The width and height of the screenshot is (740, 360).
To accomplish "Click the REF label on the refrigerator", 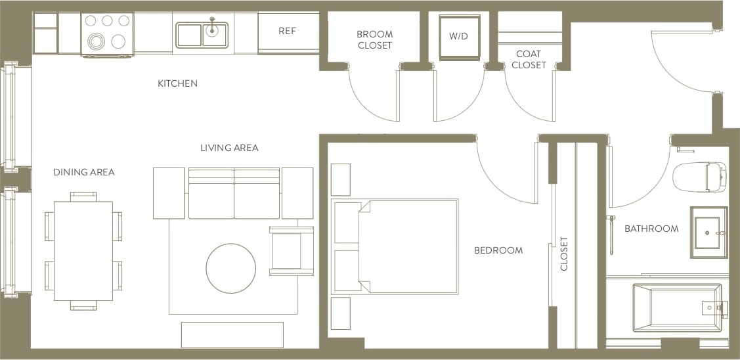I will pyautogui.click(x=288, y=31).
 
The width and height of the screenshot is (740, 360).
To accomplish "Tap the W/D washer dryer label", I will pyautogui.click(x=458, y=36).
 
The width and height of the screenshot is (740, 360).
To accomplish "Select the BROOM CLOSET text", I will pyautogui.click(x=374, y=39).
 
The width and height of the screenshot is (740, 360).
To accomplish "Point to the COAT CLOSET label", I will pyautogui.click(x=529, y=59).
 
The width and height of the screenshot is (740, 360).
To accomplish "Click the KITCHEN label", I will pyautogui.click(x=177, y=83).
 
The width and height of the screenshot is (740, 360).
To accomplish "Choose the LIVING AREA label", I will pyautogui.click(x=229, y=148).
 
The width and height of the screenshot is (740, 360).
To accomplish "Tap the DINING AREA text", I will pyautogui.click(x=84, y=172).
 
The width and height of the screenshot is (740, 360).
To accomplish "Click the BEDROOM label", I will pyautogui.click(x=498, y=250).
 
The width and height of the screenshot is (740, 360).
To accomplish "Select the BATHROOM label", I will pyautogui.click(x=651, y=229).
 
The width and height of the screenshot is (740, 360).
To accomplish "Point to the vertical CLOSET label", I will pyautogui.click(x=563, y=254).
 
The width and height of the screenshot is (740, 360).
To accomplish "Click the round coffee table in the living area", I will pyautogui.click(x=230, y=268).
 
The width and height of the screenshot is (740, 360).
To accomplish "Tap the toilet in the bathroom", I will pyautogui.click(x=699, y=177).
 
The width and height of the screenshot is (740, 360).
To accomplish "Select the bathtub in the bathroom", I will pyautogui.click(x=676, y=307).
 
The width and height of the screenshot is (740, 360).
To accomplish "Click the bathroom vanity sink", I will pyautogui.click(x=708, y=233).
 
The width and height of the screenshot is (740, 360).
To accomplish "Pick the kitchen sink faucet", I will pyautogui.click(x=212, y=27).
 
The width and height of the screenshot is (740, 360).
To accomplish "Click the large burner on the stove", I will pyautogui.click(x=97, y=42).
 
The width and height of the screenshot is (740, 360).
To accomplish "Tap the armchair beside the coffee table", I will pyautogui.click(x=291, y=250).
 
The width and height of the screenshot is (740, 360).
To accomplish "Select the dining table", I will pyautogui.click(x=83, y=250).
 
